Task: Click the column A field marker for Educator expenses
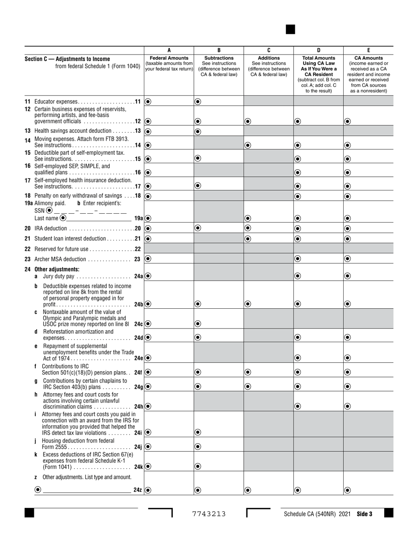(x=148, y=101)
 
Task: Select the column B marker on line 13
(x=198, y=131)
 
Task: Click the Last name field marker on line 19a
(x=63, y=218)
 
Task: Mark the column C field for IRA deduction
(x=248, y=228)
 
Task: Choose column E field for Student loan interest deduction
(x=348, y=238)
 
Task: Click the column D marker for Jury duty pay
(x=297, y=276)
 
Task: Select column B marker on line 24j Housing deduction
(x=198, y=446)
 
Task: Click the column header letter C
(x=269, y=50)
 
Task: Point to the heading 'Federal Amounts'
(x=169, y=58)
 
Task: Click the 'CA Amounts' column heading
(x=368, y=58)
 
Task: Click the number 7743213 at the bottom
(x=209, y=514)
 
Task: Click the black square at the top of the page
(x=290, y=29)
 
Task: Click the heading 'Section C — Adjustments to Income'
(x=67, y=59)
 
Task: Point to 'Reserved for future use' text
(x=61, y=249)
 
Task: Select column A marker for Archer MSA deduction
(x=148, y=259)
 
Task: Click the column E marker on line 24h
(x=348, y=406)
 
